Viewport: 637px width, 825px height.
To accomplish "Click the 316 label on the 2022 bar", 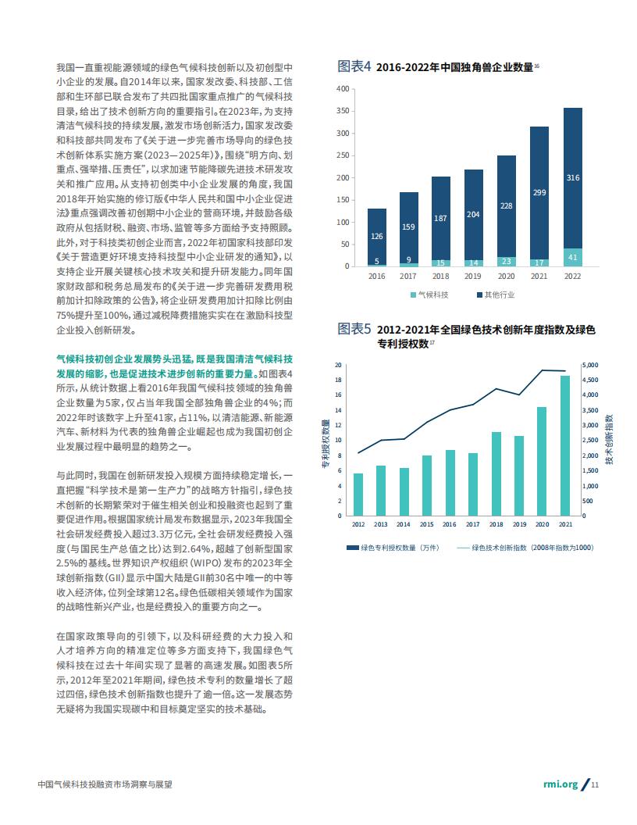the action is (573, 178).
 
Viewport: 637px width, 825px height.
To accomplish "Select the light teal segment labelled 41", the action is (573, 257).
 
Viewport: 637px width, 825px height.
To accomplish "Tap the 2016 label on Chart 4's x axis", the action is (377, 277).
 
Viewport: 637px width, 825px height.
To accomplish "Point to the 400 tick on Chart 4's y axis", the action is (343, 89).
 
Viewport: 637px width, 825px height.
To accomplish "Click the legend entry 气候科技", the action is (429, 295).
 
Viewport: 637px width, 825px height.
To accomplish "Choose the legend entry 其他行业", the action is (496, 295).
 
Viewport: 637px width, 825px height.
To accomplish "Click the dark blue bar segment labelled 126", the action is (377, 237).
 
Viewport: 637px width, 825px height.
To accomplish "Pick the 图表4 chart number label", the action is (354, 66).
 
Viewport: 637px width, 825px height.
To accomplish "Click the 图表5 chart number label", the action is (354, 329).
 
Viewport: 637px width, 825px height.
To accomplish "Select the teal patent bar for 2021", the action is (565, 445).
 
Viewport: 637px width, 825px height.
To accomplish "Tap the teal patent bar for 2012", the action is (358, 495).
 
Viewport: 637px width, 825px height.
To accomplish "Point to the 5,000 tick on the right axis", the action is (590, 365).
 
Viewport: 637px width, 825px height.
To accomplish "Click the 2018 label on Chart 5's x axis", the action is (496, 524).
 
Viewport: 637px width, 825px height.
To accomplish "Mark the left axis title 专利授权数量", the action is (326, 444).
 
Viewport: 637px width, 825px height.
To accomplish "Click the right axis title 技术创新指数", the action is (609, 439).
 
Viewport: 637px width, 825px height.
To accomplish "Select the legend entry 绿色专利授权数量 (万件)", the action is (393, 548).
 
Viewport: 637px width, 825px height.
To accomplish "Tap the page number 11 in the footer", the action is (595, 784).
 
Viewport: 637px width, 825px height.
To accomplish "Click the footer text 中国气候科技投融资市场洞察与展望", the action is (105, 784).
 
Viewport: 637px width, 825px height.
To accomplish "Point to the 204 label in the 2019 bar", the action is (473, 215).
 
